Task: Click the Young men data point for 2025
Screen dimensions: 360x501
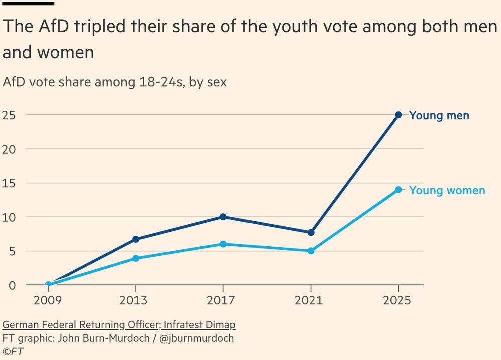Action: (398, 115)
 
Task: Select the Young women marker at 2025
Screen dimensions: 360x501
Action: (398, 190)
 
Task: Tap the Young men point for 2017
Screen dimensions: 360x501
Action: (223, 217)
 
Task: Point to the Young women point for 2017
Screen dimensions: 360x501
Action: (223, 244)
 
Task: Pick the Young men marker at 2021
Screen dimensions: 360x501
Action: (311, 232)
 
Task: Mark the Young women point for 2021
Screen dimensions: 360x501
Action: (311, 251)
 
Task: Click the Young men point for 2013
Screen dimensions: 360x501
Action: (135, 239)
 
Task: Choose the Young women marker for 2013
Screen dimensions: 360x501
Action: (135, 258)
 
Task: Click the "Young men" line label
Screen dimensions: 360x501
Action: (439, 116)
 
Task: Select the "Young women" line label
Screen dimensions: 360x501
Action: (447, 191)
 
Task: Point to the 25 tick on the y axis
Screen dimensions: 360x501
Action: (9, 115)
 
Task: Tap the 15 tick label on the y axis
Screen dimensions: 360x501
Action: (9, 183)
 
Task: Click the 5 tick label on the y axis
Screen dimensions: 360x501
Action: (12, 251)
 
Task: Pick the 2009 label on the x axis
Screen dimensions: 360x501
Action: (48, 300)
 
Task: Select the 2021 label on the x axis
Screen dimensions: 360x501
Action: (311, 300)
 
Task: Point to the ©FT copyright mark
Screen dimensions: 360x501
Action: (13, 351)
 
